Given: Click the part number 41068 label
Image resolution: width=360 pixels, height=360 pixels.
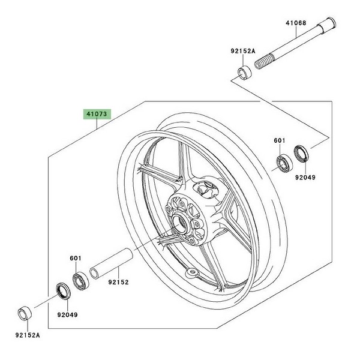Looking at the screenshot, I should (296, 23).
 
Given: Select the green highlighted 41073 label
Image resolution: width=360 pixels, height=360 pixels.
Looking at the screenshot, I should (97, 113).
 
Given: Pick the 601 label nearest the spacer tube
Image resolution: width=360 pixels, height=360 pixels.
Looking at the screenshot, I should (76, 259).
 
